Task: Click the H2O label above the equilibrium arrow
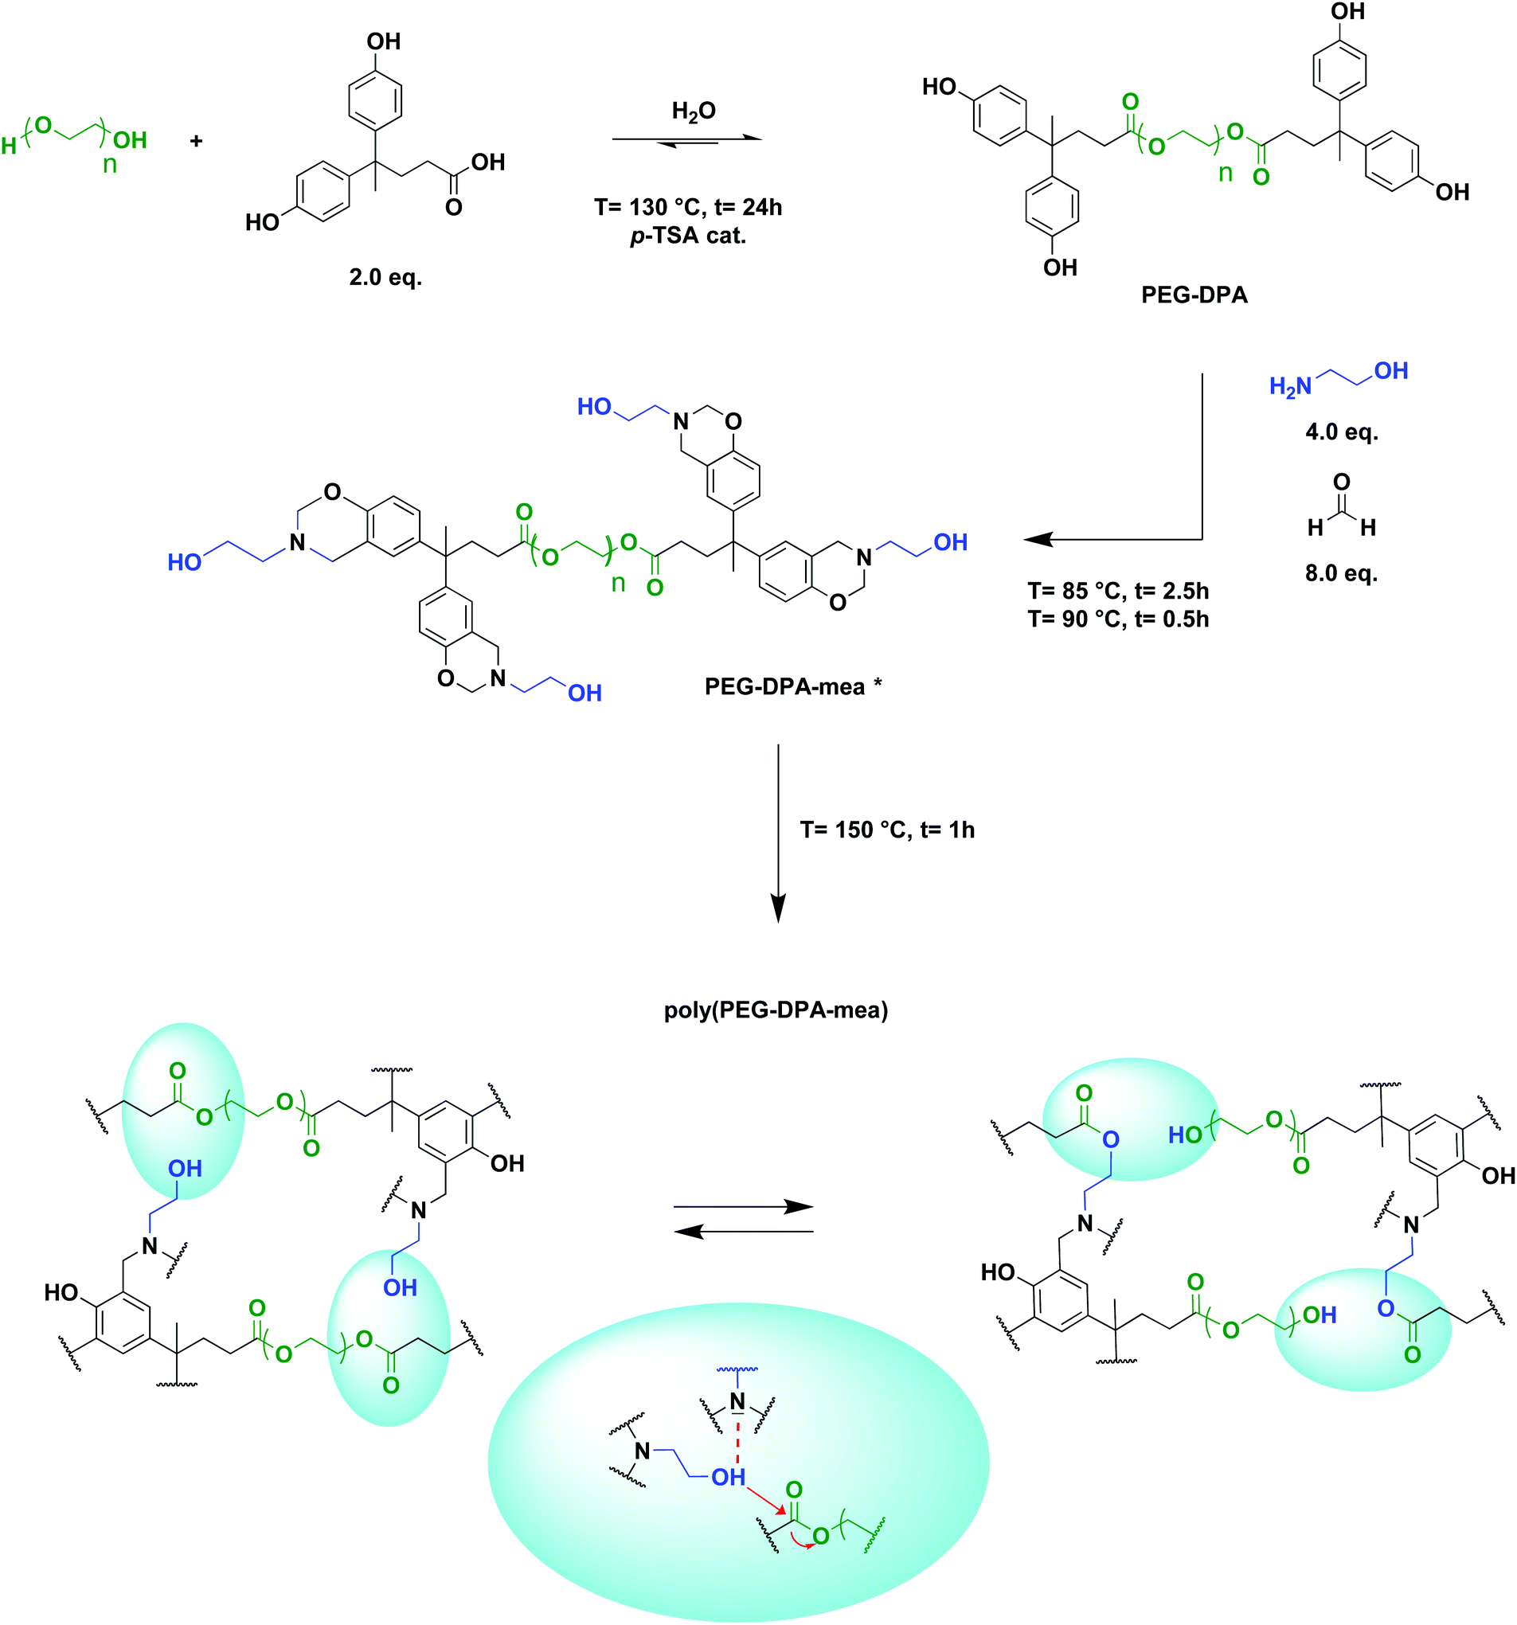tap(693, 111)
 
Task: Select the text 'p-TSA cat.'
tap(688, 236)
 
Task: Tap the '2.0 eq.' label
tap(385, 278)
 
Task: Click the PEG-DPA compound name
tap(1194, 295)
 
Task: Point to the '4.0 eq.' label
tap(1341, 432)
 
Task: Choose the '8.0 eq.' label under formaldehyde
tap(1341, 573)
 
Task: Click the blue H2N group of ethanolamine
tap(1290, 386)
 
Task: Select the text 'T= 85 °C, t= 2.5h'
tap(1118, 591)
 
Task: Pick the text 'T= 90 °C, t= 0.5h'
tap(1118, 619)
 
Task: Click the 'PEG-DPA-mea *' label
tap(793, 686)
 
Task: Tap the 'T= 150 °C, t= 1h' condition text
tap(887, 830)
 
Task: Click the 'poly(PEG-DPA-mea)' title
tap(776, 1010)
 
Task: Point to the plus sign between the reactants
tap(196, 141)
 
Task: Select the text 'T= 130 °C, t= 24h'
tap(688, 208)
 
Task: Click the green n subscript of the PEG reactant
tap(109, 165)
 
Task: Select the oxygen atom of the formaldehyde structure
tap(1341, 482)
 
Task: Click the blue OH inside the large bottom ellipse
tap(727, 1477)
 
